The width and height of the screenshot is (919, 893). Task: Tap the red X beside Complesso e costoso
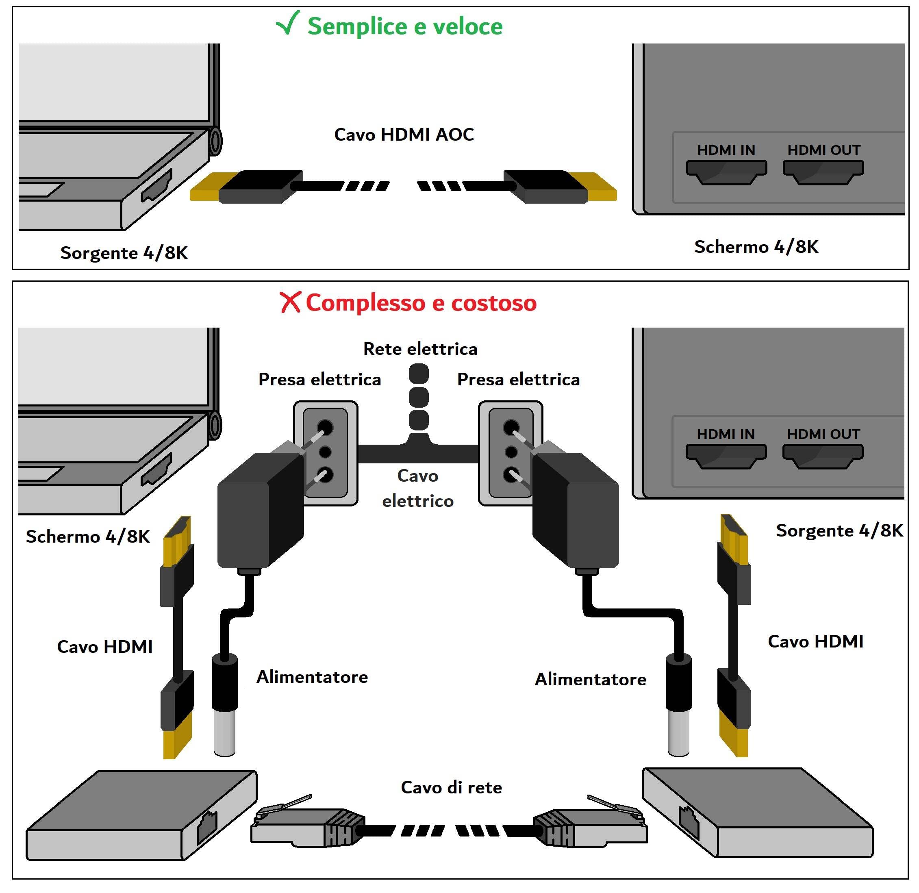pyautogui.click(x=290, y=302)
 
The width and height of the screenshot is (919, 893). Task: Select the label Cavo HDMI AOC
pyautogui.click(x=404, y=135)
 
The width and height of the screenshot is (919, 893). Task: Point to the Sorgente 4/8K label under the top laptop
pyautogui.click(x=124, y=253)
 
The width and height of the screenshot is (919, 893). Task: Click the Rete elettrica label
pyautogui.click(x=420, y=349)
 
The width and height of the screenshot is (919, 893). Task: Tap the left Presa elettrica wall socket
pyautogui.click(x=325, y=453)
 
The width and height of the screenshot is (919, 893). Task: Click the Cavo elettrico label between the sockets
pyautogui.click(x=417, y=488)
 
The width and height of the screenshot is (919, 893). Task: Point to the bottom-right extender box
pyautogui.click(x=758, y=814)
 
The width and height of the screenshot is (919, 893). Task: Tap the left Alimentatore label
pyautogui.click(x=312, y=677)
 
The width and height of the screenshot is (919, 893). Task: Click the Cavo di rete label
pyautogui.click(x=451, y=787)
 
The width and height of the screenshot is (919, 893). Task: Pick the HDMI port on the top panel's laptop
pyautogui.click(x=156, y=185)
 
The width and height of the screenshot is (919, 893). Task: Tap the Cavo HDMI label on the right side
pyautogui.click(x=815, y=641)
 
